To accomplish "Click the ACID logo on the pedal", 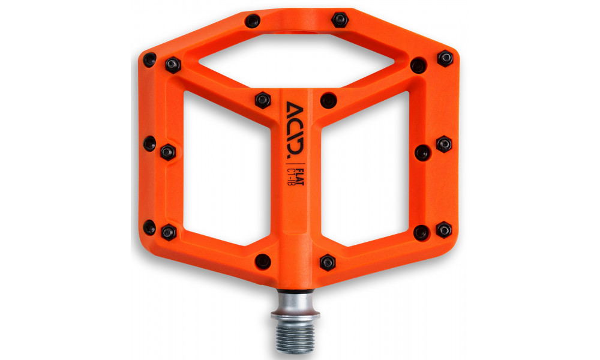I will point(295,126).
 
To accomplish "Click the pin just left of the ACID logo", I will point(262,100).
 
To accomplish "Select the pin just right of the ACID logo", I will point(328,100).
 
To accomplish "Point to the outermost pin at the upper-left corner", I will point(149,59).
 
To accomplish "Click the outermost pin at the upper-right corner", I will point(445,58).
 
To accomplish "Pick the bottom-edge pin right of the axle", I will point(327,262).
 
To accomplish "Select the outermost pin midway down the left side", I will point(149,143).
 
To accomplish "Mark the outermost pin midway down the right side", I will point(444,144).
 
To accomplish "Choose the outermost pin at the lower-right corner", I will point(443,229).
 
